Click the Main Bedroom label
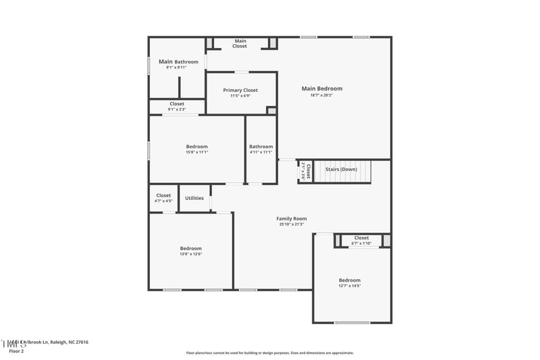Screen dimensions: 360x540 (321, 88)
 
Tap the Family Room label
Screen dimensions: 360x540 (292, 218)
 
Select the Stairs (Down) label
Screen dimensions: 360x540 (341, 169)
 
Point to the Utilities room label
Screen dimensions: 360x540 (194, 198)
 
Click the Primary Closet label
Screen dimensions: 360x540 (240, 90)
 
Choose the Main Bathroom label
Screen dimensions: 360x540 (178, 61)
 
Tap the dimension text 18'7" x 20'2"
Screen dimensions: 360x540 (321, 95)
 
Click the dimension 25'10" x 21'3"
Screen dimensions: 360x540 (292, 224)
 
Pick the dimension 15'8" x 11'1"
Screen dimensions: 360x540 (196, 152)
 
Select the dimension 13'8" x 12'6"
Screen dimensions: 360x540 (190, 254)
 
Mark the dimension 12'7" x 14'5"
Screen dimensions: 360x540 (349, 286)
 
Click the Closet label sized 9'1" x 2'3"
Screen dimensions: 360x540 (177, 104)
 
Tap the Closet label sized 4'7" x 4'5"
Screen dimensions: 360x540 (163, 195)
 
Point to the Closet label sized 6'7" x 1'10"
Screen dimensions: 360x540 (362, 238)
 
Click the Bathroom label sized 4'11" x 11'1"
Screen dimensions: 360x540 (261, 147)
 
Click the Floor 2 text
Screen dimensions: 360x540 (16, 351)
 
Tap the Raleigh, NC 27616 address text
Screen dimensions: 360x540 (67, 342)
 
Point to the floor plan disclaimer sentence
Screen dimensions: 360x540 (269, 353)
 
